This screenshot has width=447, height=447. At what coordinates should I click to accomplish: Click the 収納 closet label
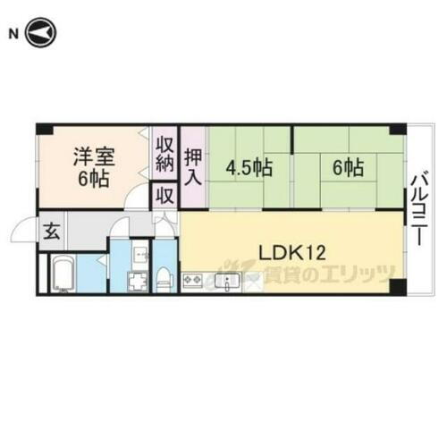coord(165,155)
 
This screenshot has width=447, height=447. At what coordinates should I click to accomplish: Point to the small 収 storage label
coord(165,195)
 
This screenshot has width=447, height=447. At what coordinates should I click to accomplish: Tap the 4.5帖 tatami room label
coord(249,167)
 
